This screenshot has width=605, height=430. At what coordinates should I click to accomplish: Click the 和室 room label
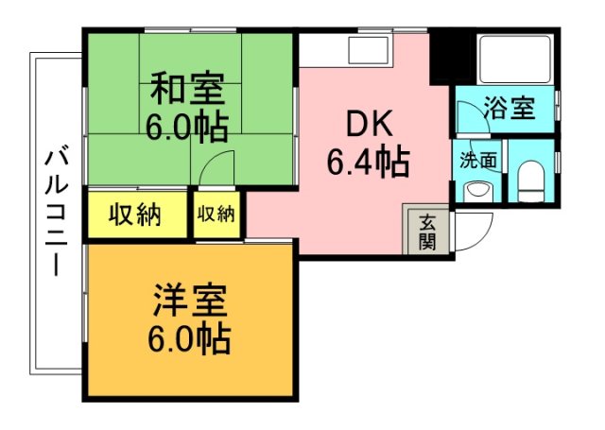(188, 91)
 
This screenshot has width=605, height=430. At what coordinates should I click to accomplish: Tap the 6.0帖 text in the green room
(188, 126)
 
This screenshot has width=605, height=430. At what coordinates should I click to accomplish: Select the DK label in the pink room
(367, 124)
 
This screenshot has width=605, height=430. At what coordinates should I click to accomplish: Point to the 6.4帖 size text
(368, 163)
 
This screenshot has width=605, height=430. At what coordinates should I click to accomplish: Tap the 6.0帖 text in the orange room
(189, 337)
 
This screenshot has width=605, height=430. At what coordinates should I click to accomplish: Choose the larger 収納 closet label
(133, 215)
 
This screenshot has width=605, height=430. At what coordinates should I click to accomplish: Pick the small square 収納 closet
(216, 215)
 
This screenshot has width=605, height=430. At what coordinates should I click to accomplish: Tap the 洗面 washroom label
(478, 160)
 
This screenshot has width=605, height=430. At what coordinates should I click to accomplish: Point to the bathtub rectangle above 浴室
(516, 59)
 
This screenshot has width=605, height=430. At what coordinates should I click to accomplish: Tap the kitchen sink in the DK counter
(367, 49)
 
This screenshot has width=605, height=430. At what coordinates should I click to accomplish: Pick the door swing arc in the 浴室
(467, 117)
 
